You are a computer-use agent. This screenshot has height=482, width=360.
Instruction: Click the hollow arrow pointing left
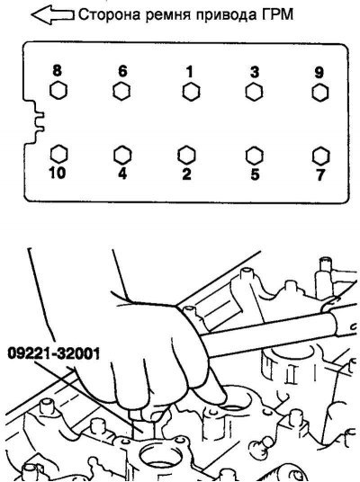click(x=52, y=14)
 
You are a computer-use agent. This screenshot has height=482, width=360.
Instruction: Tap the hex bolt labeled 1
click(x=191, y=92)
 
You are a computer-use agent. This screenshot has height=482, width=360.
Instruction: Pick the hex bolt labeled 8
click(x=58, y=91)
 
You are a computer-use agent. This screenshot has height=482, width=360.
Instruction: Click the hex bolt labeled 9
click(x=320, y=93)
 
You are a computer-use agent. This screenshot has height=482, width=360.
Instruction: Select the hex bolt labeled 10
click(x=58, y=154)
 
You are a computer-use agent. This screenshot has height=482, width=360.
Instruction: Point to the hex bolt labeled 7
click(x=320, y=156)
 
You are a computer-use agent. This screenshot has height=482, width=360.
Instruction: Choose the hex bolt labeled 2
click(x=186, y=155)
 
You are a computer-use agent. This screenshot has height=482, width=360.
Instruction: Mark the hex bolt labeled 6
click(x=121, y=92)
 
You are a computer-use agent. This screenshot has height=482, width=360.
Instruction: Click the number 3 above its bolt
click(x=255, y=72)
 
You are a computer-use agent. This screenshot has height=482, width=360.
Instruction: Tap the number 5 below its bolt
click(x=255, y=174)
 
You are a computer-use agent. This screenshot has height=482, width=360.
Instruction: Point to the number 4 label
click(x=122, y=174)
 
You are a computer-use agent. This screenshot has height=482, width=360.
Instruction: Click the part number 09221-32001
click(x=54, y=353)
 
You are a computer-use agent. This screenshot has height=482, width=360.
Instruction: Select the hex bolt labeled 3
click(x=254, y=93)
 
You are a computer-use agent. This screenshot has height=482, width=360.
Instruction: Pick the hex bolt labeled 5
click(x=255, y=156)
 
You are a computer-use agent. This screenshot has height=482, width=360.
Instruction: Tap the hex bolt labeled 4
click(x=122, y=155)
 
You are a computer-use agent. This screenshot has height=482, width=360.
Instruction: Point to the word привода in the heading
click(x=226, y=15)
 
